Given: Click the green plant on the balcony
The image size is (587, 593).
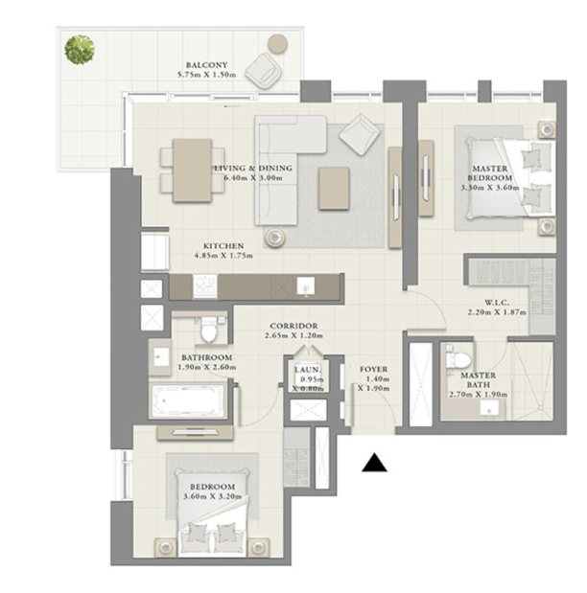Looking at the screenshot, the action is [x=80, y=50].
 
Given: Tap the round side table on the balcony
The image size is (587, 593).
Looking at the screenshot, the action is [x=277, y=44].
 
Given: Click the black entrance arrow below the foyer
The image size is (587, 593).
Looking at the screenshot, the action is [x=374, y=463].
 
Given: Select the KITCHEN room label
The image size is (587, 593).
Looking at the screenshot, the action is [x=223, y=246].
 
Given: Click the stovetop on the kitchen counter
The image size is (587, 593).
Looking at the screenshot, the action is [x=205, y=285].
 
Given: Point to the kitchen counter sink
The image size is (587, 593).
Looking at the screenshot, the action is [x=306, y=285].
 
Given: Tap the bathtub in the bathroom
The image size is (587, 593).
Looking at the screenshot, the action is [x=188, y=401].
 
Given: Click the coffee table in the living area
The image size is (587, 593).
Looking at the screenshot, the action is [x=334, y=189].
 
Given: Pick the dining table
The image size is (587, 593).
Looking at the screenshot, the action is [x=192, y=171].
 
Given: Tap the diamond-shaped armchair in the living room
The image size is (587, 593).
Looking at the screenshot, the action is [x=360, y=134].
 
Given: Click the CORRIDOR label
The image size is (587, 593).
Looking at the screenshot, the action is [x=293, y=326].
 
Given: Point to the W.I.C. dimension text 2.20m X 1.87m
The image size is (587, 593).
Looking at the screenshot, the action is [x=497, y=312].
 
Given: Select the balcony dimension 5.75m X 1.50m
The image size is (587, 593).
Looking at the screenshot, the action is [x=207, y=75].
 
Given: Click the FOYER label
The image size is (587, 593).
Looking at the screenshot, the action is [x=373, y=369].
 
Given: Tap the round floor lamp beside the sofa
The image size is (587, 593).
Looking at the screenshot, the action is [x=274, y=238].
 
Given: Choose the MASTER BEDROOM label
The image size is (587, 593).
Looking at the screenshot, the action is [x=490, y=173].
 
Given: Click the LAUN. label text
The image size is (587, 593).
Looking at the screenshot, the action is [x=308, y=369].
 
